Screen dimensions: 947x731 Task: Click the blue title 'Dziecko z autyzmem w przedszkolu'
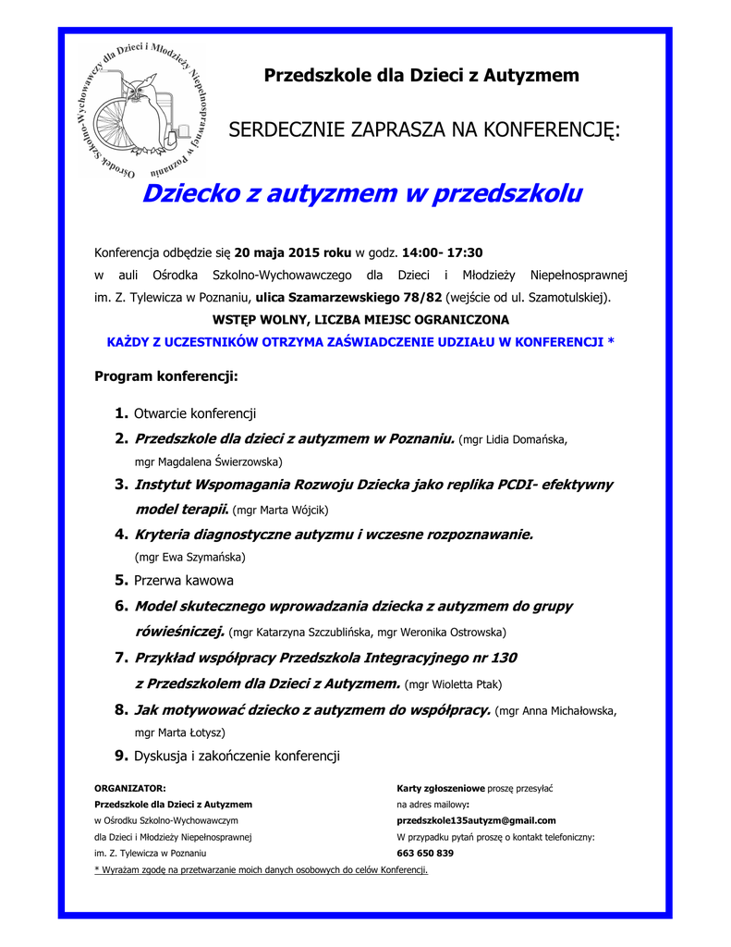tap(362, 194)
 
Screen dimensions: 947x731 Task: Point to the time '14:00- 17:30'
tap(443, 252)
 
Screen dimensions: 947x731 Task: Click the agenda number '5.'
tap(121, 581)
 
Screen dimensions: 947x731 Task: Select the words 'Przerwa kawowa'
tap(184, 581)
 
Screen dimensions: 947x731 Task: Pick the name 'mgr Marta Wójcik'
tap(280, 510)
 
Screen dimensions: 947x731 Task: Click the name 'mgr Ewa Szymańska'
tap(190, 558)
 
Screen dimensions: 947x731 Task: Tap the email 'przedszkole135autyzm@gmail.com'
tap(476, 820)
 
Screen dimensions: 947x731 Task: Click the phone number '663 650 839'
tap(425, 853)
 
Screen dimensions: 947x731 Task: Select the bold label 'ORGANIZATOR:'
tap(130, 788)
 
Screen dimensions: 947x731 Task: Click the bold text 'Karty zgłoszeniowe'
tap(441, 788)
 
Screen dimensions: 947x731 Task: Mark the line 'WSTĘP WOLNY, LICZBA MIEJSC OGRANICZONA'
tap(360, 319)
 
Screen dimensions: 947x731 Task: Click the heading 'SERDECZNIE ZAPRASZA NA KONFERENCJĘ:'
tap(424, 129)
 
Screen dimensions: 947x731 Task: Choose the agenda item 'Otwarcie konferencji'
tap(195, 413)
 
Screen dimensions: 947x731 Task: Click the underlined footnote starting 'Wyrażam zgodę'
tap(262, 870)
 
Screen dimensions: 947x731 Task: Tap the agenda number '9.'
tap(121, 756)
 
